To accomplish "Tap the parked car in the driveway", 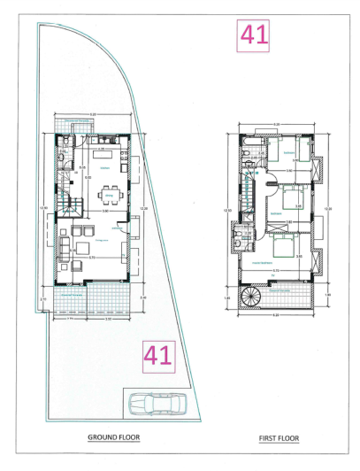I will [x=154, y=405].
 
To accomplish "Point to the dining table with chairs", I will [x=110, y=191].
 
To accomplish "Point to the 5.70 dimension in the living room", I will [x=92, y=258].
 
